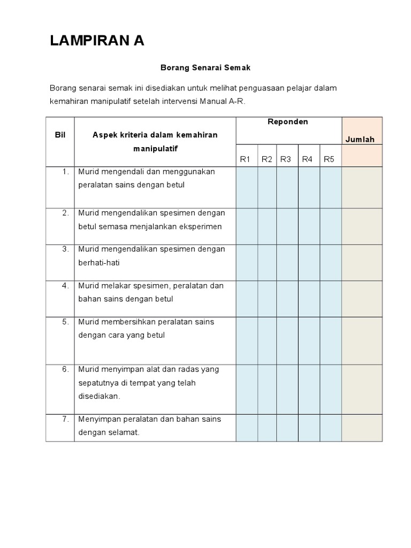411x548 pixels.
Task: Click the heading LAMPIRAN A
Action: pyautogui.click(x=97, y=41)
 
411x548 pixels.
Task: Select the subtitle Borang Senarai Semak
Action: pyautogui.click(x=205, y=68)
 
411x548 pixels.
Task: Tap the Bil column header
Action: pyautogui.click(x=60, y=135)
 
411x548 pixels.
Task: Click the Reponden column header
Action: pyautogui.click(x=288, y=122)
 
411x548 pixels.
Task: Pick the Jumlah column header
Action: pyautogui.click(x=360, y=140)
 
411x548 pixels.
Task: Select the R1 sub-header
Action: pyautogui.click(x=246, y=159)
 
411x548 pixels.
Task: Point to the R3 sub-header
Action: pyautogui.click(x=285, y=159)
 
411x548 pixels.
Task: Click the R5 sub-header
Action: pyautogui.click(x=329, y=159)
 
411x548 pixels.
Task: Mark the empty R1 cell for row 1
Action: pyautogui.click(x=247, y=187)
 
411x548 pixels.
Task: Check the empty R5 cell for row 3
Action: pyautogui.click(x=331, y=263)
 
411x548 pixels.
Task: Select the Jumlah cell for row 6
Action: pyautogui.click(x=362, y=389)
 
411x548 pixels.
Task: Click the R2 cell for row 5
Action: pyautogui.click(x=267, y=340)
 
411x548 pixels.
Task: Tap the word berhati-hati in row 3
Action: pyautogui.click(x=98, y=262)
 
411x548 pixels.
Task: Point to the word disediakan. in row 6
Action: pyautogui.click(x=100, y=397)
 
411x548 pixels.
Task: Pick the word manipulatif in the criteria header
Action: pyautogui.click(x=155, y=148)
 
